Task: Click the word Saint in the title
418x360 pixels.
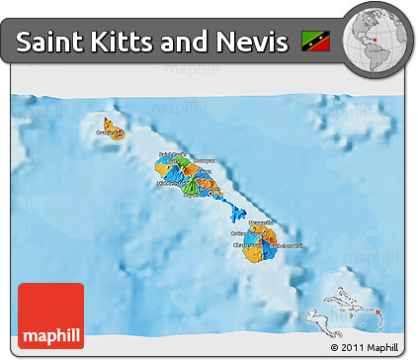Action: point(47,42)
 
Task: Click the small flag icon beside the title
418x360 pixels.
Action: point(318,42)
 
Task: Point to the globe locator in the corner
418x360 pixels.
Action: point(377,37)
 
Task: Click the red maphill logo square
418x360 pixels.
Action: point(50,315)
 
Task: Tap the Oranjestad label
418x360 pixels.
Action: point(107,130)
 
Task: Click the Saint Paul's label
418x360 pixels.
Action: point(172,154)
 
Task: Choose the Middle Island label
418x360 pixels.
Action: point(171,183)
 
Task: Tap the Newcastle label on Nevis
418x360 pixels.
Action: point(261,223)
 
